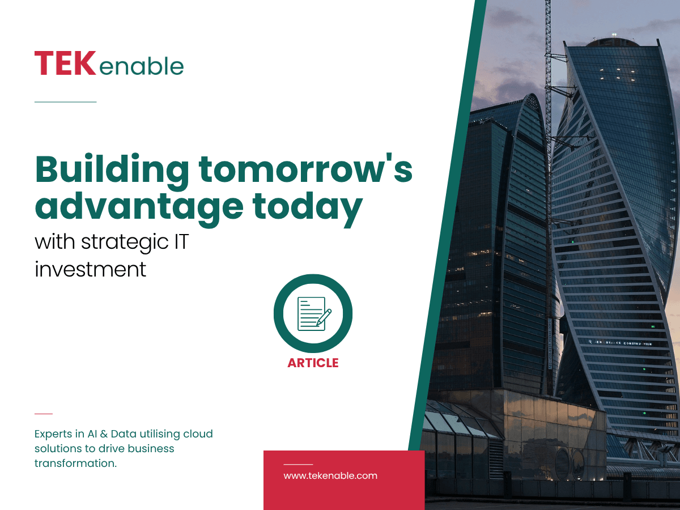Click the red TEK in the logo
[65, 63]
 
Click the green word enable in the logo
[142, 66]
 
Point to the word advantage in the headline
[139, 208]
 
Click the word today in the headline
[307, 208]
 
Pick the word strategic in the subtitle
[125, 243]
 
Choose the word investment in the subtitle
[90, 269]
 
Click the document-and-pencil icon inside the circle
[314, 313]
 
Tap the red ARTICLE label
[313, 363]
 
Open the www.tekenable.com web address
[330, 475]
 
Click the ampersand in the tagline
[104, 434]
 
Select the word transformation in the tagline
[75, 463]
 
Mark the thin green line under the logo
[65, 101]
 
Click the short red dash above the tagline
[44, 414]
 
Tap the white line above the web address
[298, 465]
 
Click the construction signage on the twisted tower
[620, 342]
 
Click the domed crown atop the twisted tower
[613, 42]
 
